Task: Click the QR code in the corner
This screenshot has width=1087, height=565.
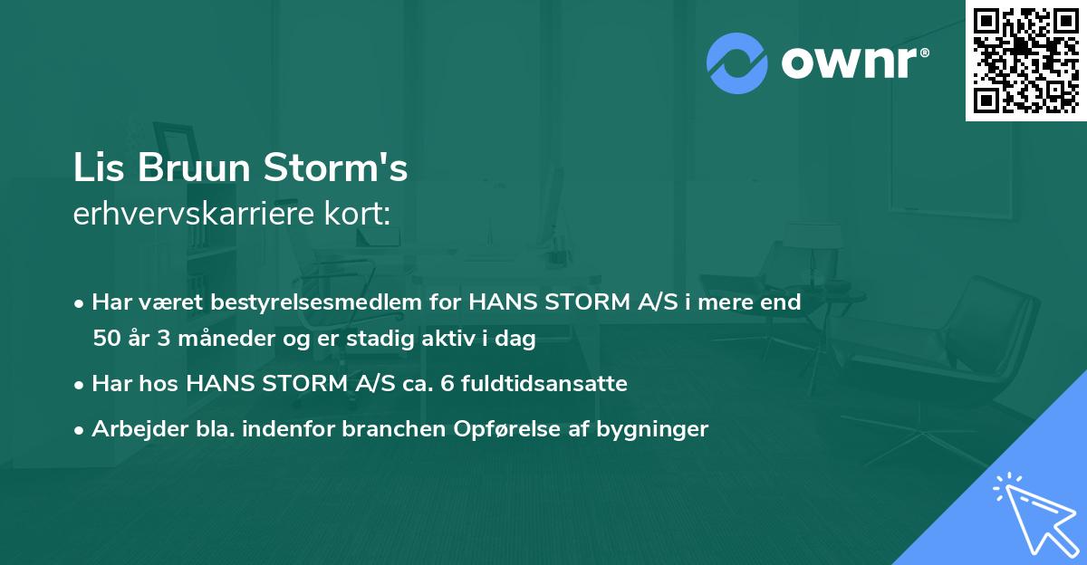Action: pyautogui.click(x=1026, y=60)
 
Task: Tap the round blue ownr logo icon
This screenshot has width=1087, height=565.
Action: pyautogui.click(x=737, y=63)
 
